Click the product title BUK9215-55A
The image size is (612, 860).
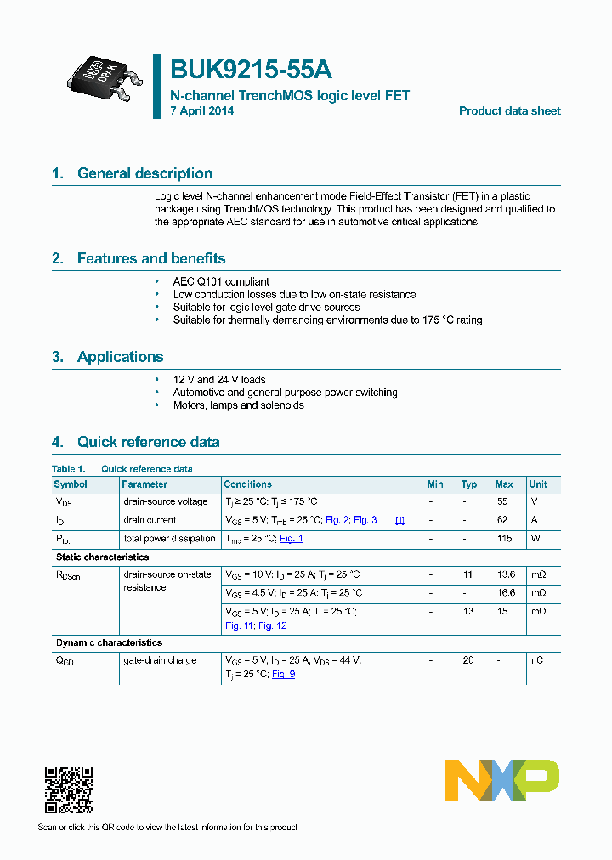[251, 69]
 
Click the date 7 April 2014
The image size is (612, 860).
[202, 111]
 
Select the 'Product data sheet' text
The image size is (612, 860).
[509, 111]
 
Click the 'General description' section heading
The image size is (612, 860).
[144, 173]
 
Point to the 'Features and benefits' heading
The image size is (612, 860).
[150, 258]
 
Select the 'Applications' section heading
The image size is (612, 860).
[120, 357]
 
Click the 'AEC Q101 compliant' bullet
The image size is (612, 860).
[221, 281]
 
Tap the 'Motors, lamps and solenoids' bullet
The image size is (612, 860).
[238, 405]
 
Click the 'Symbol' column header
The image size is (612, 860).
[71, 484]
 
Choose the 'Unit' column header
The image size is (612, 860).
[538, 484]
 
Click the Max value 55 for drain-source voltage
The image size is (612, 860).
[502, 502]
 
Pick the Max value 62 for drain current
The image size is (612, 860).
[502, 520]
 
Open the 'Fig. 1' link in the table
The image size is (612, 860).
[291, 539]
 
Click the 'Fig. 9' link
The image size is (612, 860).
[283, 674]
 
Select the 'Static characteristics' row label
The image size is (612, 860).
[102, 557]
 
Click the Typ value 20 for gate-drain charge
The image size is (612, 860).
[467, 660]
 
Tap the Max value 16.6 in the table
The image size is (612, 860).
[504, 593]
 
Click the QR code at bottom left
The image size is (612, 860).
[68, 789]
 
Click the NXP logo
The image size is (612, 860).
[502, 780]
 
